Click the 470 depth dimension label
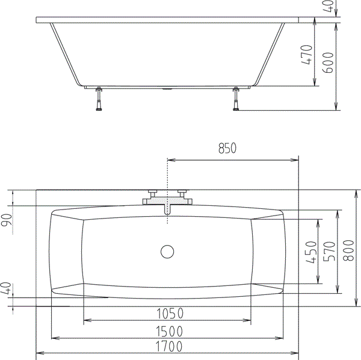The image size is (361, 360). [x=306, y=55]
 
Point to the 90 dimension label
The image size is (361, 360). [x=7, y=221]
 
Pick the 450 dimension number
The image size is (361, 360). [x=311, y=252]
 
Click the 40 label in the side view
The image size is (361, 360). [x=329, y=5]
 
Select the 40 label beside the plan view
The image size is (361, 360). [x=7, y=288]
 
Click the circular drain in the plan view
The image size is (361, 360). [x=167, y=251]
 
